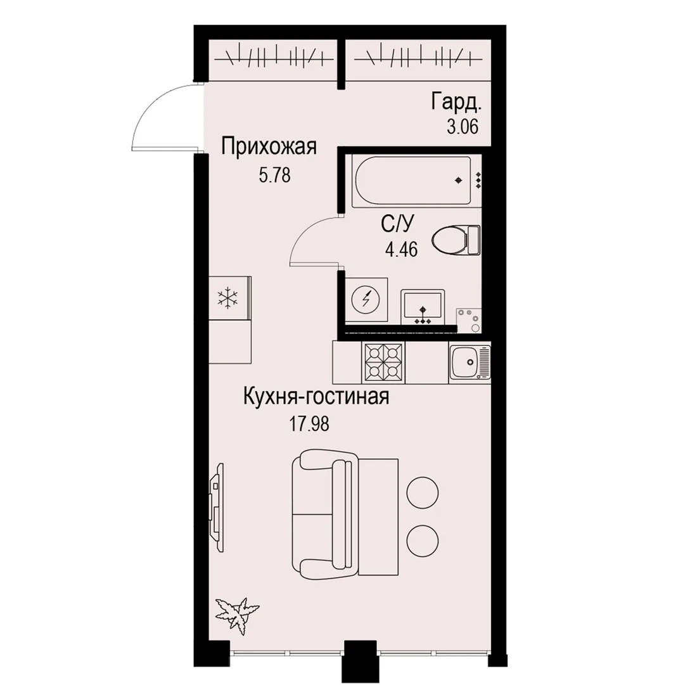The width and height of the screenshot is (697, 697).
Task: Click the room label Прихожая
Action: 269,146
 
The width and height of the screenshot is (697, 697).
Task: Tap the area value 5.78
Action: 275,176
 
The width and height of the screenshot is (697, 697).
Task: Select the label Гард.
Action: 456,103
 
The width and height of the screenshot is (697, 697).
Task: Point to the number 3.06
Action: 463,127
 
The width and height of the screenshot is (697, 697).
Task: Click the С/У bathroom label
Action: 397,224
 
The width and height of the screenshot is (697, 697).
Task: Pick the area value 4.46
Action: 401,250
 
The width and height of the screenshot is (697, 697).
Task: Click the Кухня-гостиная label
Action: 316,396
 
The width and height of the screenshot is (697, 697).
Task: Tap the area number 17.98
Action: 309,424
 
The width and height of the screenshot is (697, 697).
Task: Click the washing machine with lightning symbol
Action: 366,300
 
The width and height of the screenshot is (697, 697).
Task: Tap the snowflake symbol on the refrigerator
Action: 227,297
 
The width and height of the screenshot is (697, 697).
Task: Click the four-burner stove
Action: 383,362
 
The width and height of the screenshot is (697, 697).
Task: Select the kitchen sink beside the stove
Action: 470,362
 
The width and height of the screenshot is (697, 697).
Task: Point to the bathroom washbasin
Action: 423,307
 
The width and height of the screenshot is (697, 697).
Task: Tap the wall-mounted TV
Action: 217,507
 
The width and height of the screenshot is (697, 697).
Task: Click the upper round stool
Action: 423,492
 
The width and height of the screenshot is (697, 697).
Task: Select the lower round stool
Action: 423,540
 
